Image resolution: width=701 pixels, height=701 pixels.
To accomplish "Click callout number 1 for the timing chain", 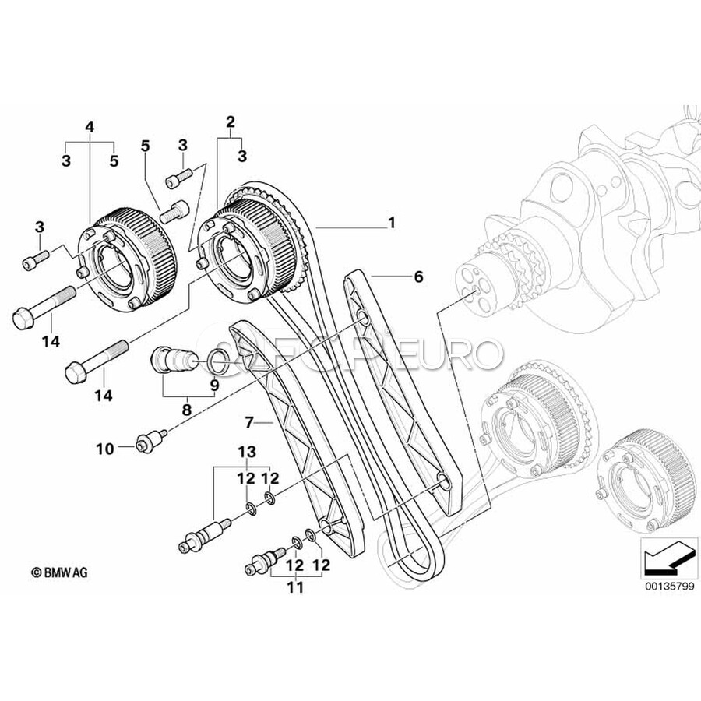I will click(x=392, y=223).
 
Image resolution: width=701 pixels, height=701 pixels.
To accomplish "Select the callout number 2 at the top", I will click(x=230, y=121).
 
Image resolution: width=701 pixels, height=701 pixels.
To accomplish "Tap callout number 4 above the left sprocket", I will click(x=90, y=126).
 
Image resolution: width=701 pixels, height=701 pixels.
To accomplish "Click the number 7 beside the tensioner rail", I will click(x=249, y=422).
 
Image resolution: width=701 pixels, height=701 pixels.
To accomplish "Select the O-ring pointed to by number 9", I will click(x=217, y=360).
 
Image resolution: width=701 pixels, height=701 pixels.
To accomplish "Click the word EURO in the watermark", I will click(x=466, y=355).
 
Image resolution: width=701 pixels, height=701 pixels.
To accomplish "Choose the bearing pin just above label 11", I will click(x=264, y=561).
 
